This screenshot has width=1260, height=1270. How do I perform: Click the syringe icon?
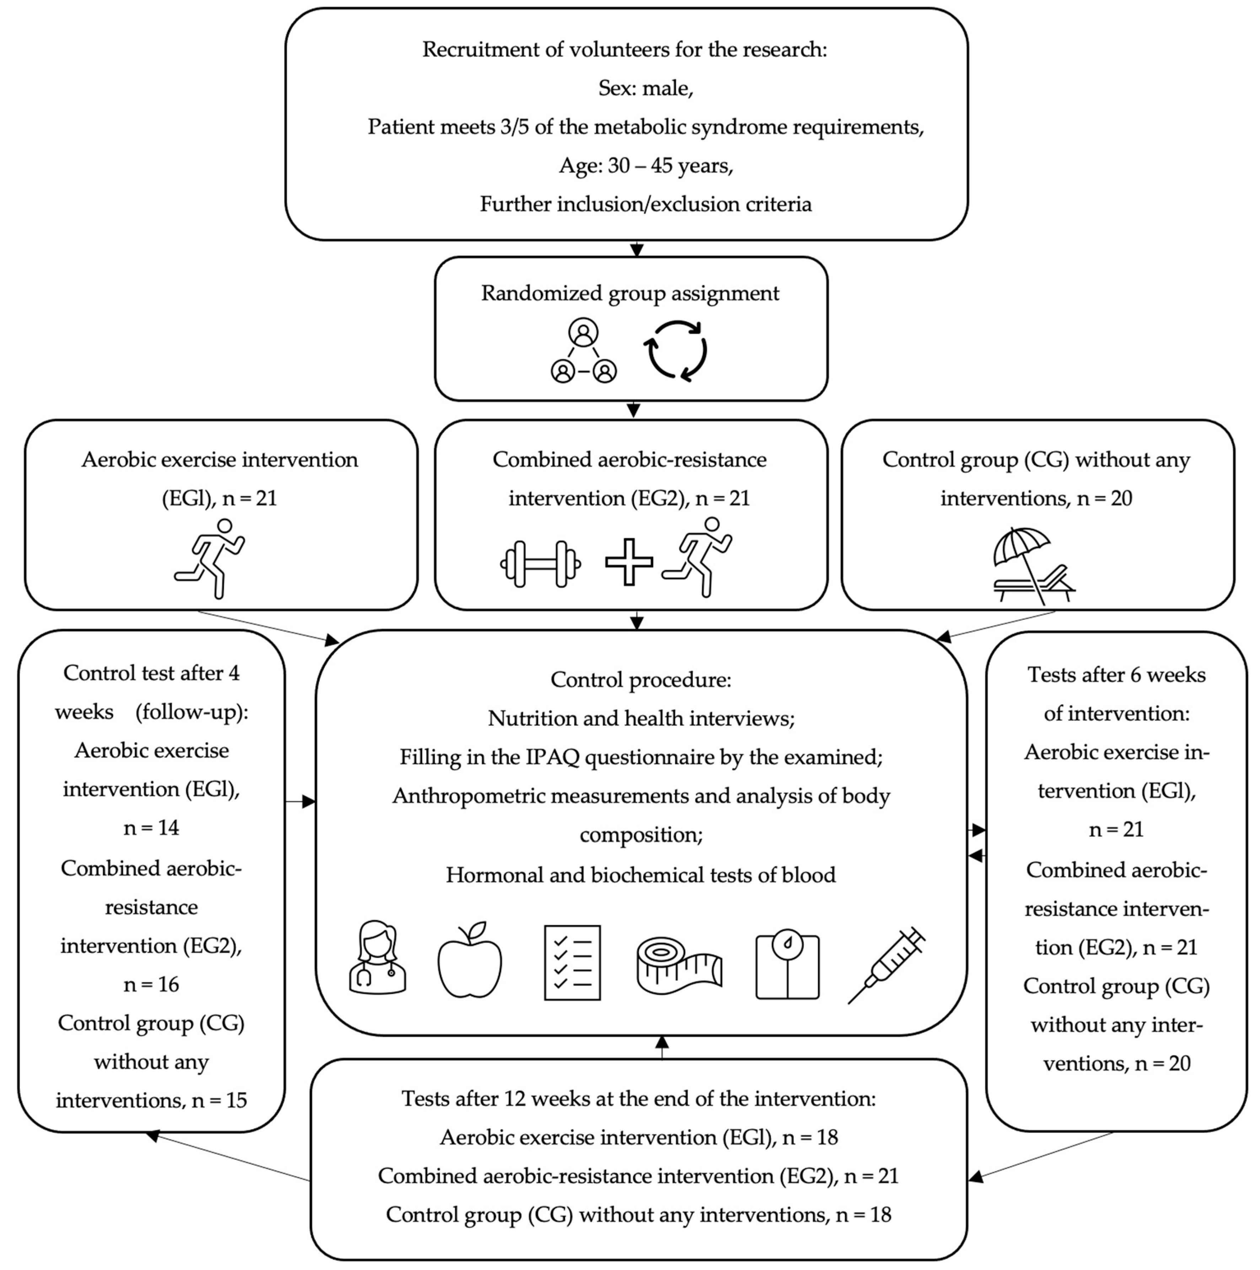(886, 965)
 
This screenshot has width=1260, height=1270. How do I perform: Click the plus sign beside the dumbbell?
(628, 562)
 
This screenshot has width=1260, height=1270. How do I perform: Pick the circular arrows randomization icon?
(677, 350)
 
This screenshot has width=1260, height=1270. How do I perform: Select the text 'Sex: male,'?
(645, 88)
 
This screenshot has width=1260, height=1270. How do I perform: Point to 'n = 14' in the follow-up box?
(151, 827)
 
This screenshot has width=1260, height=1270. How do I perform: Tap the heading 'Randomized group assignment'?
(630, 293)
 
